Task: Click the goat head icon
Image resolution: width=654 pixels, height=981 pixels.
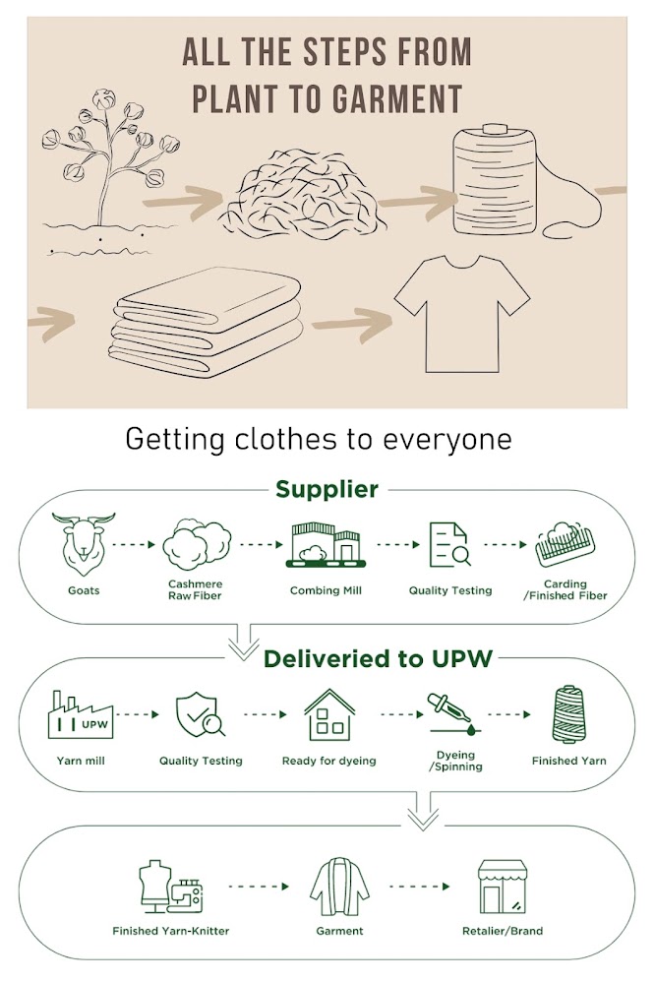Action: tap(84, 543)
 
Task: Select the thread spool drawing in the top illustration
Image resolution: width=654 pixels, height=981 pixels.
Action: tap(496, 178)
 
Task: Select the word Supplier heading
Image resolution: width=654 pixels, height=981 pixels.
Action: tap(327, 489)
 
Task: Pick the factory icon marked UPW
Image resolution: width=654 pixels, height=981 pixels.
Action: tap(80, 716)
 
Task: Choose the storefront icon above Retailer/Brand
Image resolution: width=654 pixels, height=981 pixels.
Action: tap(505, 886)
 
